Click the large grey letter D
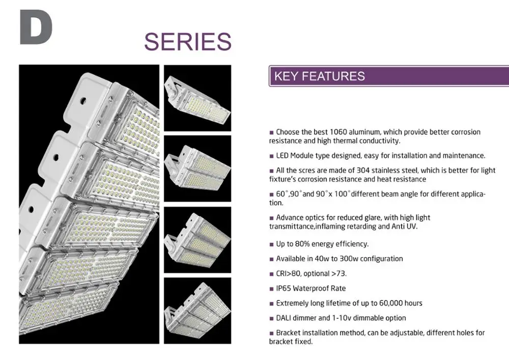36,27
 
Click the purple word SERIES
188,42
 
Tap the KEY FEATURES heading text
320,76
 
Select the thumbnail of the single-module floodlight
197,98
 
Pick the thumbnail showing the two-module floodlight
197,169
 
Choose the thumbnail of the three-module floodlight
197,240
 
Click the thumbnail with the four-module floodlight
197,311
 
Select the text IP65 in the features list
284,288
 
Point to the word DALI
284,318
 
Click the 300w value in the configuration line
349,259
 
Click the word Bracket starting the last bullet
287,333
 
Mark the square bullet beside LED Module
271,156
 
